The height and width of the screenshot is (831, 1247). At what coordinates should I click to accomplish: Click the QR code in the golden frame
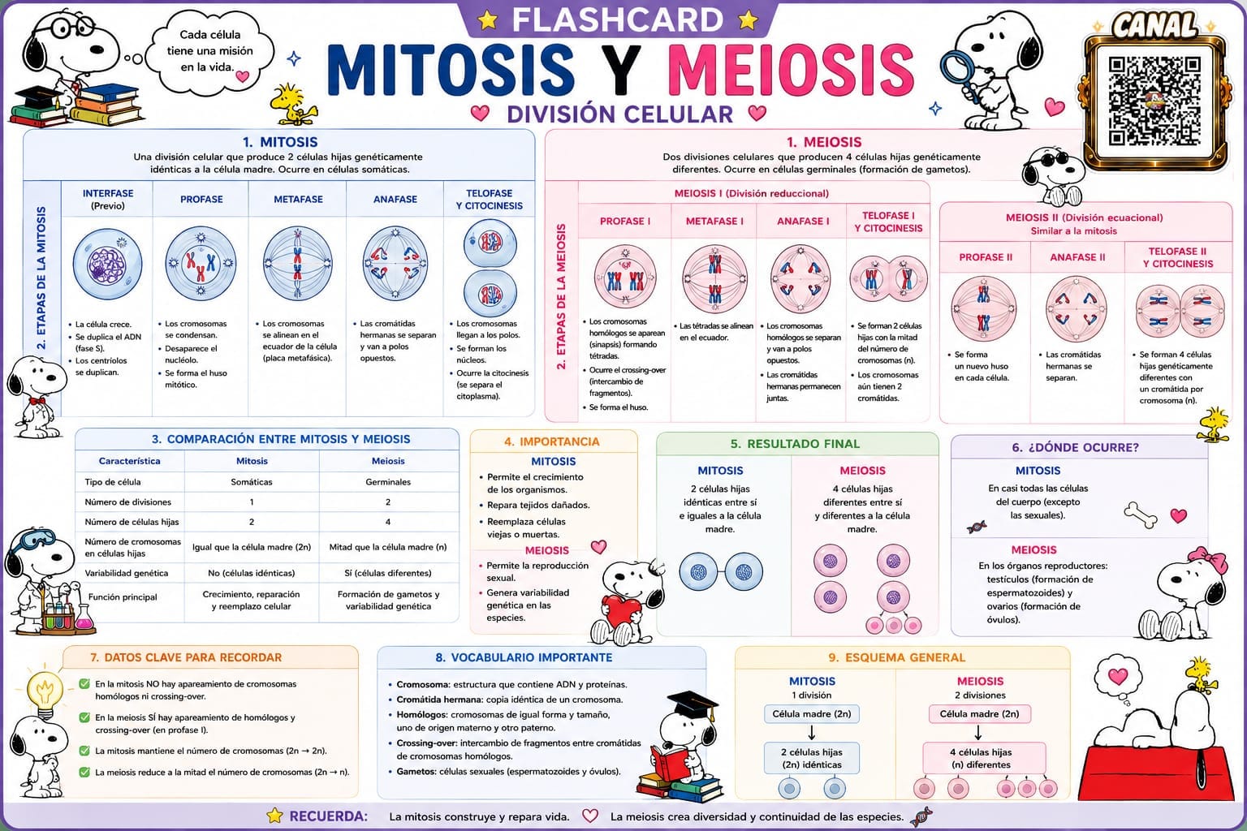click(x=1154, y=102)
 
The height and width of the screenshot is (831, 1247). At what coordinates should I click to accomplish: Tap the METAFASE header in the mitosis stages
click(x=298, y=200)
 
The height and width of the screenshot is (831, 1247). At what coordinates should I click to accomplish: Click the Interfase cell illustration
click(x=107, y=264)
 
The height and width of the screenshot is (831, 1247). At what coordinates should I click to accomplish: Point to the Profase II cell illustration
click(x=984, y=309)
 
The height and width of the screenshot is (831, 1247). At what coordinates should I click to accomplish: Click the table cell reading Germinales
click(x=388, y=482)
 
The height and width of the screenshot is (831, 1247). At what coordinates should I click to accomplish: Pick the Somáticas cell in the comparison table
click(x=252, y=482)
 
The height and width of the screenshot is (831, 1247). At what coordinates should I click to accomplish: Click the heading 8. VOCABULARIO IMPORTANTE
click(x=524, y=657)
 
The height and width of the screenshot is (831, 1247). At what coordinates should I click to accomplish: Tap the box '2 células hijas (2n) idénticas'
click(x=812, y=758)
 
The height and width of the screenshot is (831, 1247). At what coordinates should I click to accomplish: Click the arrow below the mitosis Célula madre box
click(x=811, y=732)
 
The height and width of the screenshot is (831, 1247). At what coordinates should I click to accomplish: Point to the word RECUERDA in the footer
click(x=329, y=816)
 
